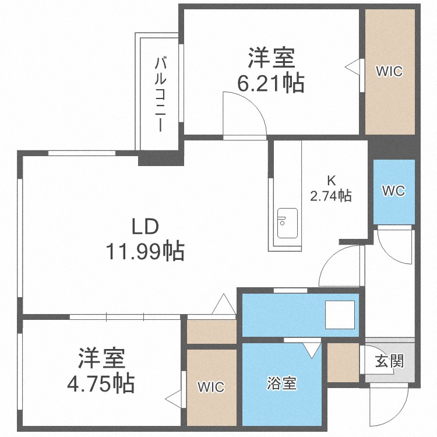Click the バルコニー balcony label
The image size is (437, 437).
pos(160,94)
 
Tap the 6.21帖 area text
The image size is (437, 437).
pos(270,83)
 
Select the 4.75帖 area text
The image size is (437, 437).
pos(101,383)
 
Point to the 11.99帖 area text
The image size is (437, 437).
pos(145,251)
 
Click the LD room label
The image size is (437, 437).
pos(145,226)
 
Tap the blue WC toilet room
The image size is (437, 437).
pos(394,192)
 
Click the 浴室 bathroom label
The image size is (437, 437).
pos(282,383)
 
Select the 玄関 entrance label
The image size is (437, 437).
pos(389,361)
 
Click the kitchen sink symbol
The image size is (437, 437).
pos(287,223)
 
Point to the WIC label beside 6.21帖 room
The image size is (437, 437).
pos(389,71)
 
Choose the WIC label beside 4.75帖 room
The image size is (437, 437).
pos(211,387)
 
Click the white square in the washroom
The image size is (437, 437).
pos(340,315)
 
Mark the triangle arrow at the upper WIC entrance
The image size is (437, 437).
pos(353,67)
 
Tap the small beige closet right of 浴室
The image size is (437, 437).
pos(343,362)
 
